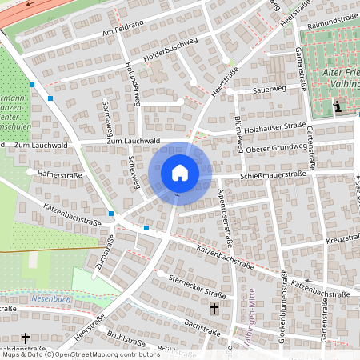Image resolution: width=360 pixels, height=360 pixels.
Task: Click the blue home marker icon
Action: (179, 172)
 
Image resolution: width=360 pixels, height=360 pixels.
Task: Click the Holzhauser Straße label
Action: (275, 126)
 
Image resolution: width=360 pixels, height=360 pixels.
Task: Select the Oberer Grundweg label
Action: (275, 147)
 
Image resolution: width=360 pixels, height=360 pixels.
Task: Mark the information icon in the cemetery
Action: (338, 106)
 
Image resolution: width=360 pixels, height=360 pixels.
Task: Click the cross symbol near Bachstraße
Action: (214, 308)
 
